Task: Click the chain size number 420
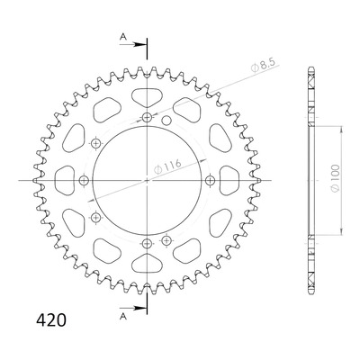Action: [51, 320]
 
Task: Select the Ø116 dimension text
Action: [167, 166]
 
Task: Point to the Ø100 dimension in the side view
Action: [336, 178]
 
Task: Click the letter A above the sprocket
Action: [123, 37]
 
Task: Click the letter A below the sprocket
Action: [122, 317]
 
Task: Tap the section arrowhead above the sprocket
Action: [138, 45]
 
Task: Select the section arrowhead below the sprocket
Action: [138, 308]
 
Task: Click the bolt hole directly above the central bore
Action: [147, 117]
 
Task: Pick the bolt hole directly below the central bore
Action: [147, 244]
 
